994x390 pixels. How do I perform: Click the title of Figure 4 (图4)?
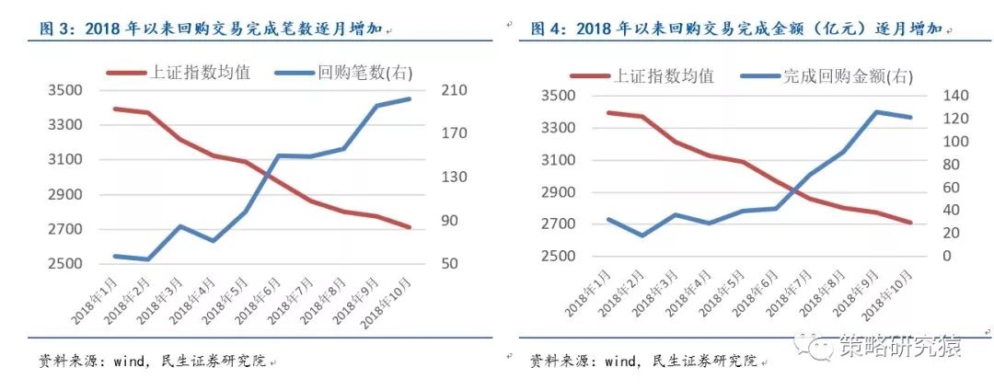tap(736, 29)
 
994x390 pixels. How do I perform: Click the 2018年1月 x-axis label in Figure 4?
tap(589, 295)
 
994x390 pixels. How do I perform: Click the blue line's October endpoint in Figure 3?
tap(410, 98)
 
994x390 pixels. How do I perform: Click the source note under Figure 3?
tap(153, 360)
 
